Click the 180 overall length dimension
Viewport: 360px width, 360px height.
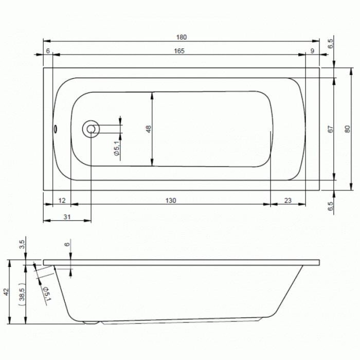click(x=182, y=37)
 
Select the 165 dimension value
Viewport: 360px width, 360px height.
click(x=179, y=51)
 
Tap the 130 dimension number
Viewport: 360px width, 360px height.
click(x=171, y=201)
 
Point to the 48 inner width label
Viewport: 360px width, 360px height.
click(x=149, y=129)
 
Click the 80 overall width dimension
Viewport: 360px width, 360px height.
click(x=348, y=129)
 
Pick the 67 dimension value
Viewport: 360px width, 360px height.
click(x=330, y=129)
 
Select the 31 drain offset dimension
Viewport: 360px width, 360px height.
click(x=66, y=217)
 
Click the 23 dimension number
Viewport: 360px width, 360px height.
click(x=288, y=201)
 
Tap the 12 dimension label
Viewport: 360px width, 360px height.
click(x=62, y=201)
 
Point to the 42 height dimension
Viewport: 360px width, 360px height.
click(x=6, y=292)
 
